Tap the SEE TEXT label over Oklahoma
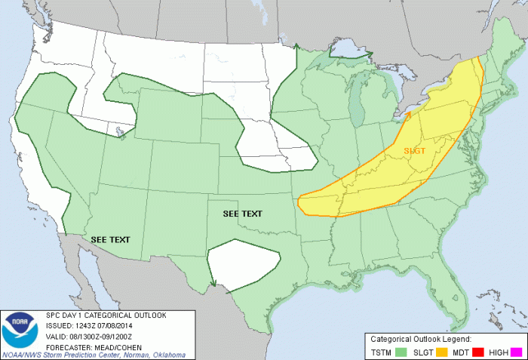click(x=243, y=214)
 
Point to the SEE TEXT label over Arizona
click(x=110, y=239)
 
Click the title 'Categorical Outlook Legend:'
click(x=421, y=338)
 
